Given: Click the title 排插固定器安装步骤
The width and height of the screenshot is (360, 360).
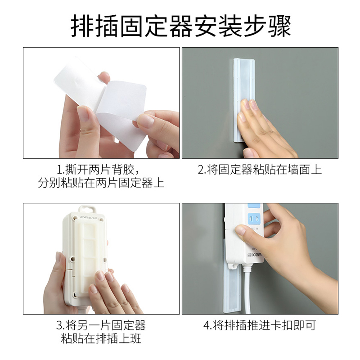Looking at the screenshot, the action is click(181, 26).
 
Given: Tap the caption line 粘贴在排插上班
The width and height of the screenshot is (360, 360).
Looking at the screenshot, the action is click(101, 339).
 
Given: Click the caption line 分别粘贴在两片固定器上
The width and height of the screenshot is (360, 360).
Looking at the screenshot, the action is click(101, 183).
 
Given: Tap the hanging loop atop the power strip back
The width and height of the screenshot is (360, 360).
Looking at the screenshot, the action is click(87, 209).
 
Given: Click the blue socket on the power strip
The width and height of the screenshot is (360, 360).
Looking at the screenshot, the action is click(254, 218).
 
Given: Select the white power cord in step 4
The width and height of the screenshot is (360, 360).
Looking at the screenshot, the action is click(247, 289).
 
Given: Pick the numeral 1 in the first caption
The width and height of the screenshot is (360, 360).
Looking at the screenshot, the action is click(59, 170).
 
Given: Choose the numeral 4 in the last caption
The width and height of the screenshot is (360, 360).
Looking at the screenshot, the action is click(207, 326).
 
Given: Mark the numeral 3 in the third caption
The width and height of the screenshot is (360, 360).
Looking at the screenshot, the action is click(59, 326).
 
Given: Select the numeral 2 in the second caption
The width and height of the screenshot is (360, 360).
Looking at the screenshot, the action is click(201, 170).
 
